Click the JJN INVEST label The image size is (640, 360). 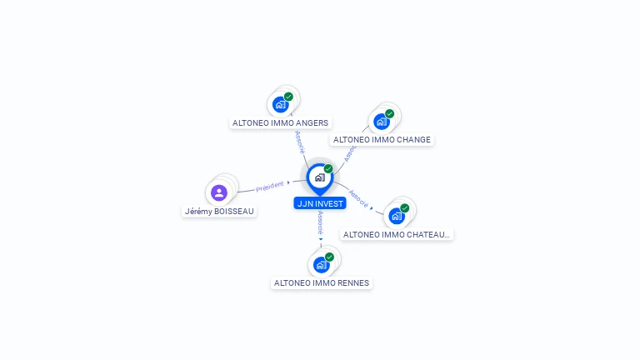(x=319, y=203)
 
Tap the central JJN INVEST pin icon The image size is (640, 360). (x=319, y=177)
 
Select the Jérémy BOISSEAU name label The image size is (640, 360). (x=219, y=212)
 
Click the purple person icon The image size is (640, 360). (x=219, y=192)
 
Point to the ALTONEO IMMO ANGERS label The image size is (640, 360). (x=280, y=123)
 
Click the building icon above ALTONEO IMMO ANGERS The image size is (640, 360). (x=280, y=105)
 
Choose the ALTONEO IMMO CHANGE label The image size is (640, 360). (x=382, y=140)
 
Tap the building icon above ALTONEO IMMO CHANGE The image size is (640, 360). (x=381, y=122)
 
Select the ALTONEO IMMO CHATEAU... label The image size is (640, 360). (x=397, y=235)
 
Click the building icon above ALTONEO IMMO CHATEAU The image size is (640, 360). (x=397, y=216)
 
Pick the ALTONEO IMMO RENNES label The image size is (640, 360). (x=322, y=283)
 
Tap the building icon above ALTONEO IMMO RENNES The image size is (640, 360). (x=321, y=265)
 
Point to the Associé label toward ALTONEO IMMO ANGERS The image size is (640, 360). (x=299, y=141)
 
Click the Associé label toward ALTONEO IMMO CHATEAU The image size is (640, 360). (x=358, y=197)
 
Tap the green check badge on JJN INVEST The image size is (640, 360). (x=328, y=168)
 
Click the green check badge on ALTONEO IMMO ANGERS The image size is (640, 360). (x=288, y=97)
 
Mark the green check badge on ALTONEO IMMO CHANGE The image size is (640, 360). (x=389, y=113)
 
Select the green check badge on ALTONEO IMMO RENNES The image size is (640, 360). (x=329, y=257)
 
